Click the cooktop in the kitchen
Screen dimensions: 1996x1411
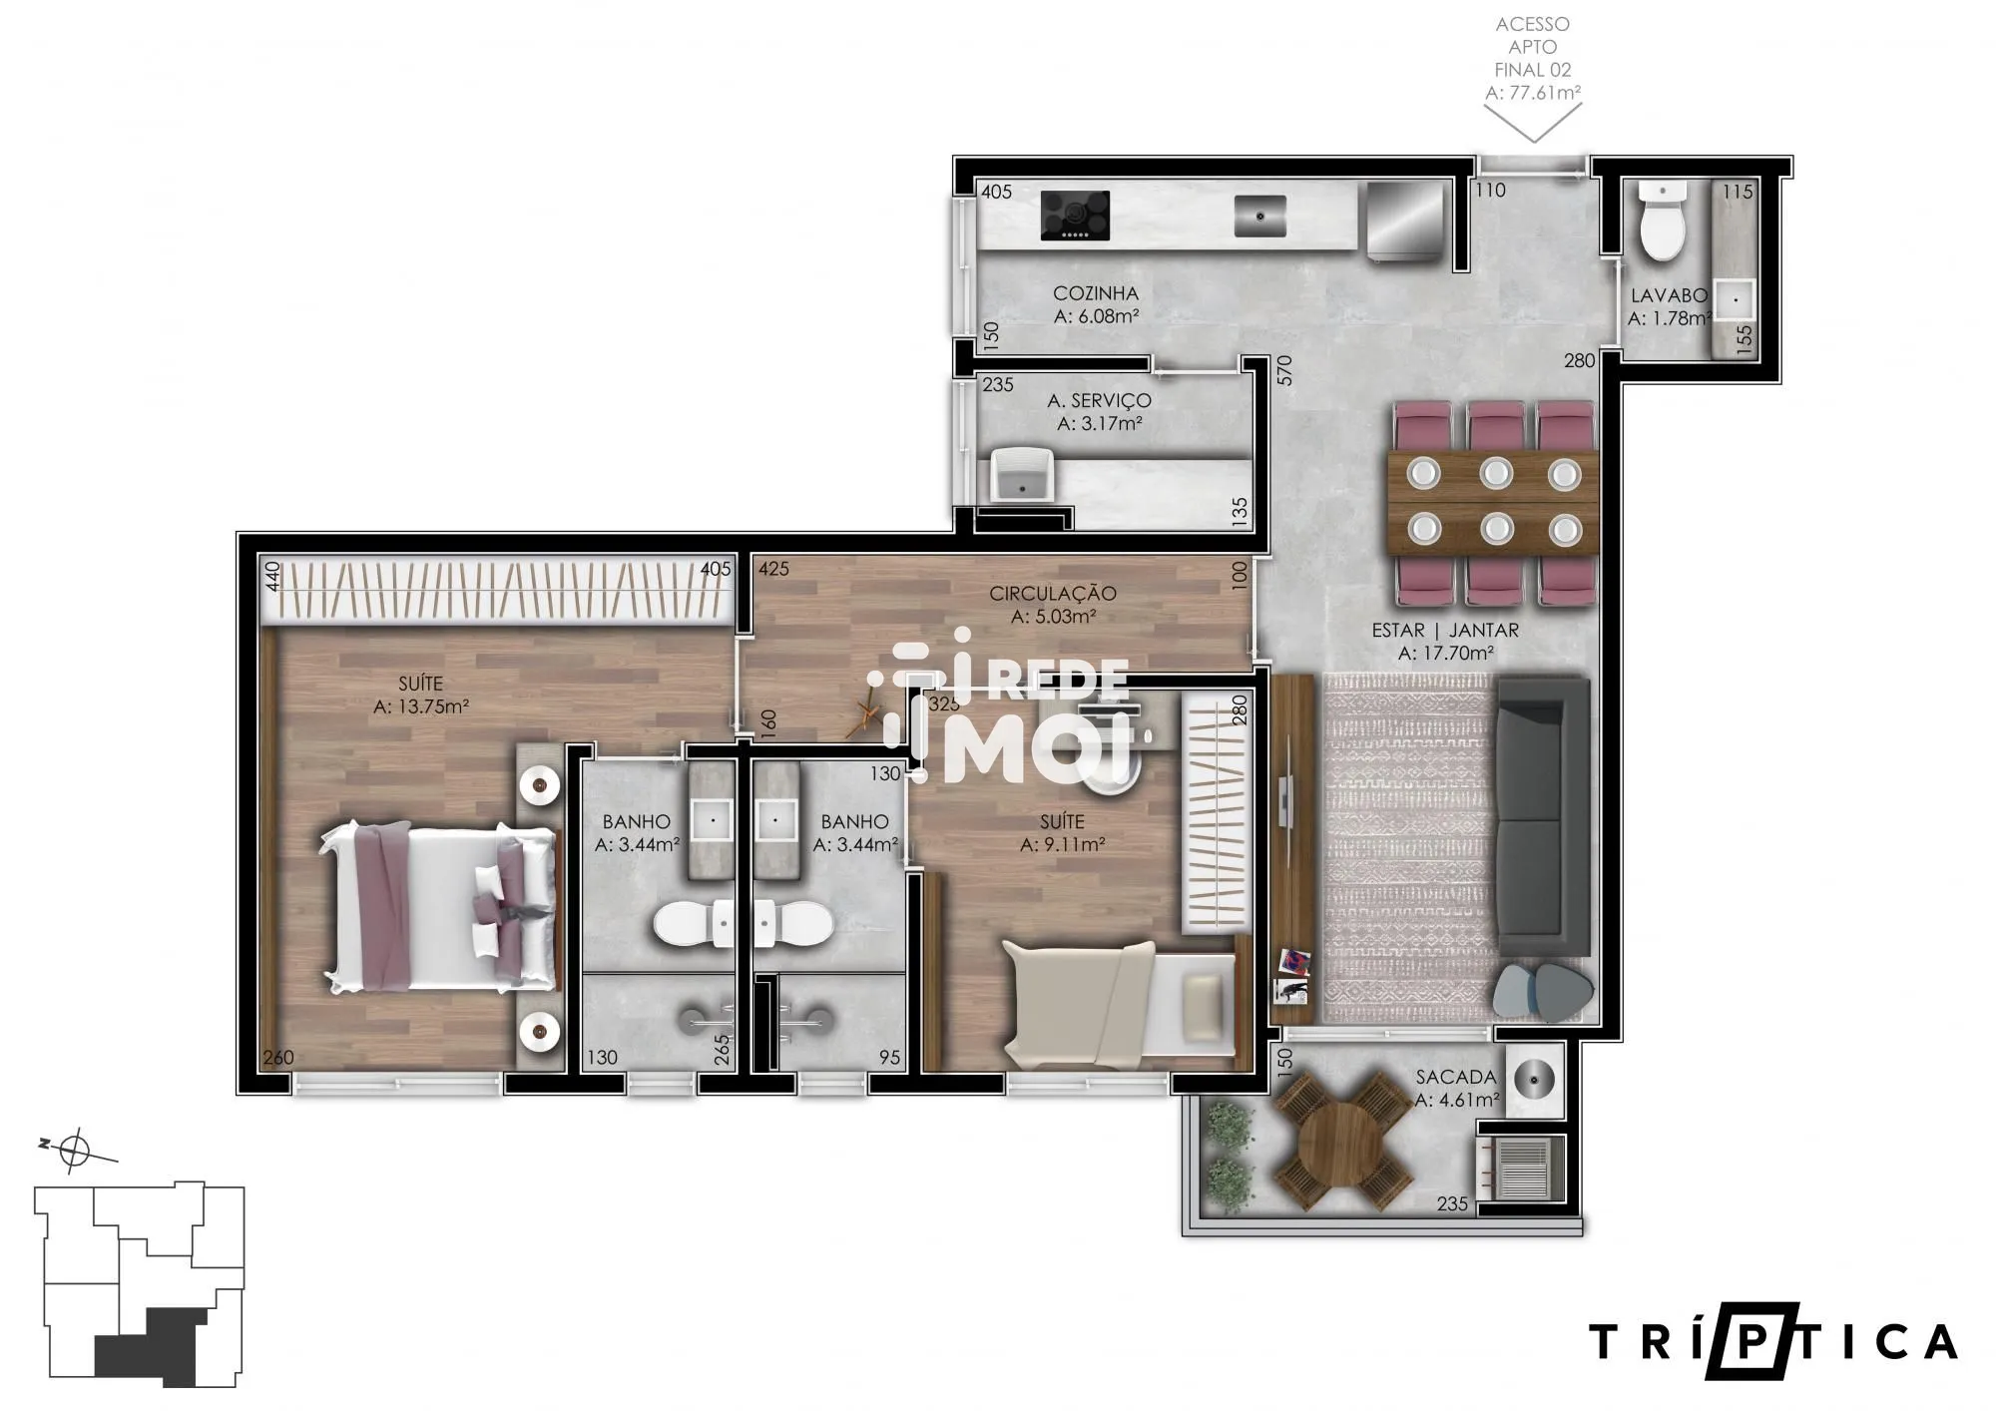pos(1075,216)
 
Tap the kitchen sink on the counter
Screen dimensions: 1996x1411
pos(1259,216)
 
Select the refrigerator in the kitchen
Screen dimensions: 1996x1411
pos(1404,222)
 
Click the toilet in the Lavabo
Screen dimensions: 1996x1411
pos(1663,223)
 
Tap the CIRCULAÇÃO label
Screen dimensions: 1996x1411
pos(1053,594)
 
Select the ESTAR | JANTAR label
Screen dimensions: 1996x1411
pos(1445,631)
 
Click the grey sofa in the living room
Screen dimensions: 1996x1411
pos(1541,817)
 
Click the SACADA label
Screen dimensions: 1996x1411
pos(1456,1078)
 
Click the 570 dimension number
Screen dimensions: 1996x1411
pos(1284,370)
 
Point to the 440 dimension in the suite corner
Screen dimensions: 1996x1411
pos(271,577)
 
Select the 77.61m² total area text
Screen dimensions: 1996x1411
pos(1532,93)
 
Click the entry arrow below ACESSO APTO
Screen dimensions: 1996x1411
pos(1534,124)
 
